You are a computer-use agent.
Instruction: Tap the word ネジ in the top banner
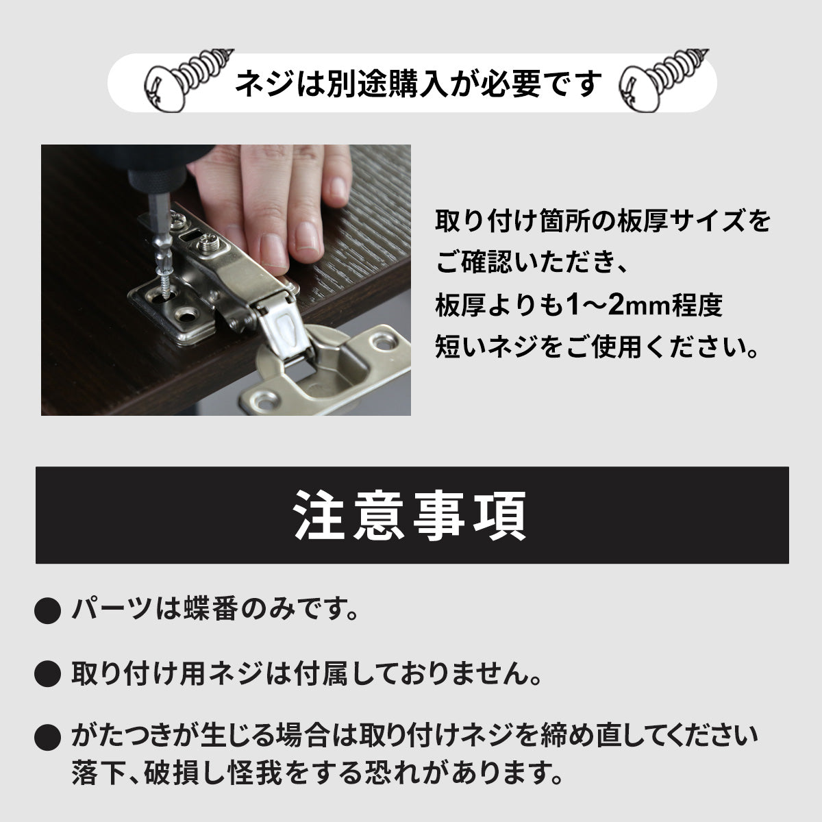point(265,84)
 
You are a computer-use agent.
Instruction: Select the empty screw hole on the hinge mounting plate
point(187,316)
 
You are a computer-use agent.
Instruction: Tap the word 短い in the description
point(460,347)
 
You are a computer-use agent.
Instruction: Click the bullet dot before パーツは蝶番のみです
point(47,610)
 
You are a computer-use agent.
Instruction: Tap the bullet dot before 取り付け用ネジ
point(47,673)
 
